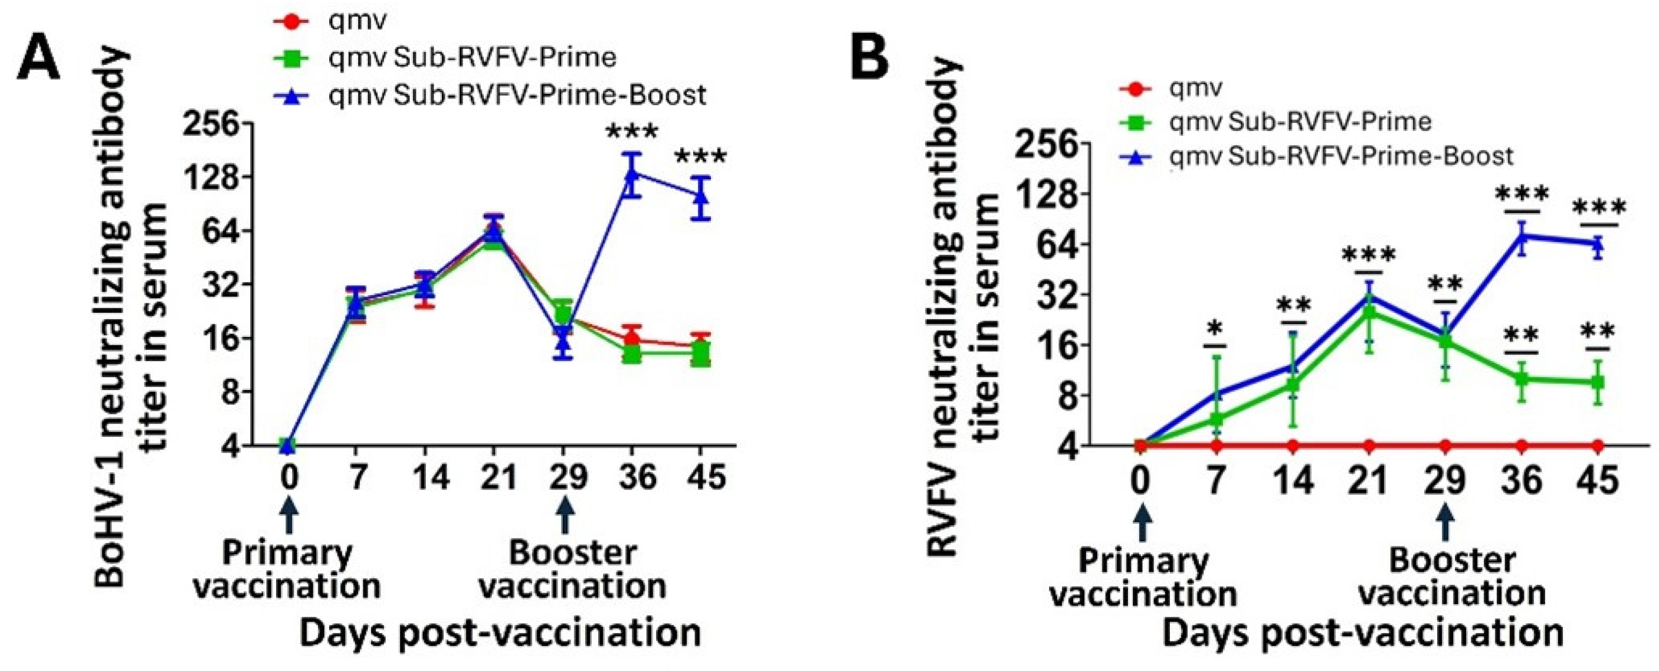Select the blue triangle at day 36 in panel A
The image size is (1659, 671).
click(x=632, y=172)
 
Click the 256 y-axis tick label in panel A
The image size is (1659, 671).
click(x=211, y=124)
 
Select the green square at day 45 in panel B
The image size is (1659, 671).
click(x=1597, y=382)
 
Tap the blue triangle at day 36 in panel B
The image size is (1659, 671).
click(x=1522, y=234)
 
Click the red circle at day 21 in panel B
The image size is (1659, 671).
click(x=1369, y=445)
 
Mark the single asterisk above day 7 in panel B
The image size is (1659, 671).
click(x=1215, y=328)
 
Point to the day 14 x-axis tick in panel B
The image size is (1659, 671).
click(x=1293, y=480)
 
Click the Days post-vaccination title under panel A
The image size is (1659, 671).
click(x=500, y=633)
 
